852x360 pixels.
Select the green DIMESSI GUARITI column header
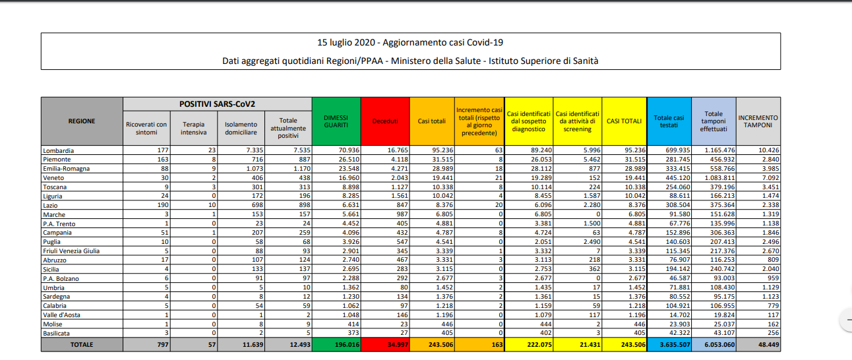pyautogui.click(x=336, y=121)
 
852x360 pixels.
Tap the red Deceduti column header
pyautogui.click(x=385, y=121)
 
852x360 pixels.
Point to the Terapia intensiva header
pyautogui.click(x=193, y=128)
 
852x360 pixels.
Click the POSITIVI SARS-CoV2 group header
pyautogui.click(x=217, y=104)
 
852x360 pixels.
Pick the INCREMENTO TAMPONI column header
pyautogui.click(x=758, y=121)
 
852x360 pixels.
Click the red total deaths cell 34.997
pyautogui.click(x=385, y=345)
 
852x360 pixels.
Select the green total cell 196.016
pyautogui.click(x=336, y=345)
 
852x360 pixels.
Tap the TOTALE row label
pyautogui.click(x=82, y=345)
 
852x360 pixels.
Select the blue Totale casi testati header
pyautogui.click(x=669, y=121)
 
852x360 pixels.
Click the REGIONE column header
pyautogui.click(x=82, y=121)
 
